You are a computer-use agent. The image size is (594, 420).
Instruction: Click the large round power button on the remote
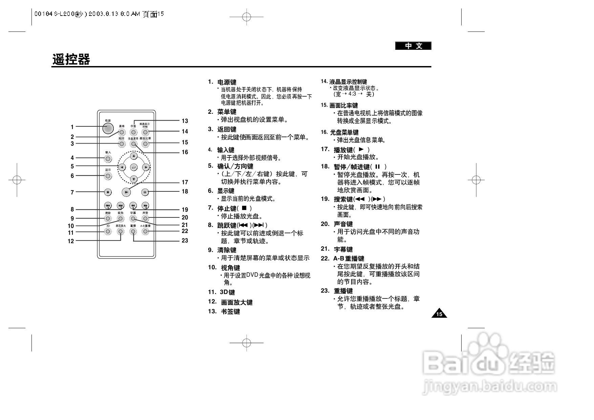click(108, 128)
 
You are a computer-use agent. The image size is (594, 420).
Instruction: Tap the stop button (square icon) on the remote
click(108, 192)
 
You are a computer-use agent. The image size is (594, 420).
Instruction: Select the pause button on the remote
click(145, 192)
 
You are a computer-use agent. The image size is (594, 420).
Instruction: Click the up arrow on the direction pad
click(134, 156)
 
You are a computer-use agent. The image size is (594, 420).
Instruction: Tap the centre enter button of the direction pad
click(134, 167)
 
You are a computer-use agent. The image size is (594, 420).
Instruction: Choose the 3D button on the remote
click(108, 231)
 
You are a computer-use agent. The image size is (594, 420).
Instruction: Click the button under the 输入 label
click(108, 159)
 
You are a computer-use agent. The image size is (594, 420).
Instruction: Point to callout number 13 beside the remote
click(185, 121)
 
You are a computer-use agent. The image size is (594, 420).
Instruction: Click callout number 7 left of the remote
click(72, 192)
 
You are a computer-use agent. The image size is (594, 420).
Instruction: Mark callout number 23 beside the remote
click(185, 241)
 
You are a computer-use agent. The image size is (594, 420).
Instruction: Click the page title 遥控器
click(71, 60)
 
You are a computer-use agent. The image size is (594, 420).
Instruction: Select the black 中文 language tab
click(413, 46)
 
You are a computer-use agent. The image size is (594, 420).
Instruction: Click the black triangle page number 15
click(439, 314)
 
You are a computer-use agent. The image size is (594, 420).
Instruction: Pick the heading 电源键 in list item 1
click(227, 82)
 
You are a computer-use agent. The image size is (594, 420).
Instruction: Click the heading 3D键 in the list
click(227, 292)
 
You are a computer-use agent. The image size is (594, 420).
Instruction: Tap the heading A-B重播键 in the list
click(348, 259)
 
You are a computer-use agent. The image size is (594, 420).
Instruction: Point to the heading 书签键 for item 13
click(230, 312)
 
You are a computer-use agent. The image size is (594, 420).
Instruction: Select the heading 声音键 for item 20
click(343, 224)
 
